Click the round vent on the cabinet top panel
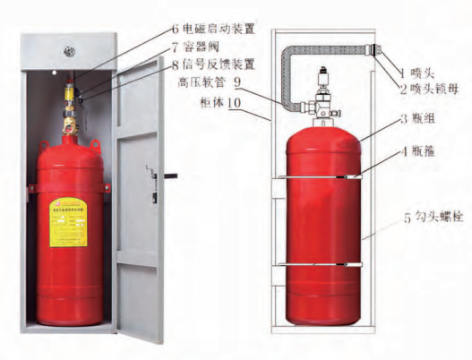[x=67, y=40]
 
